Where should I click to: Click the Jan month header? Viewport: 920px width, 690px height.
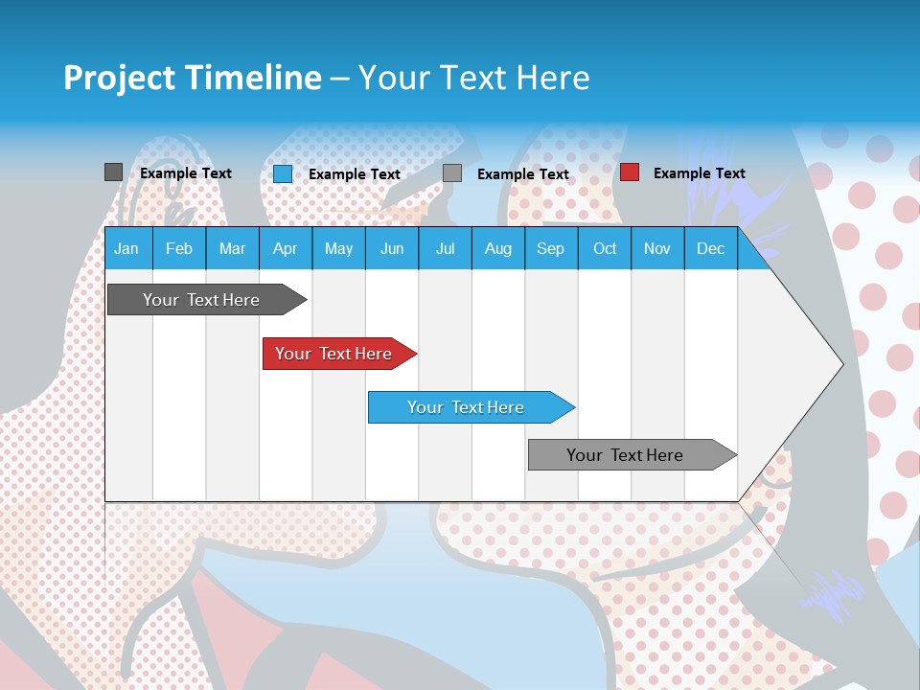tap(126, 248)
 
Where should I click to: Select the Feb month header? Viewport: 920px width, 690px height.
tap(179, 248)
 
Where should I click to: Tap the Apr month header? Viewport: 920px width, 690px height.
tap(285, 248)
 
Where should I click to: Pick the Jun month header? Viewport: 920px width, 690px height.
tap(392, 248)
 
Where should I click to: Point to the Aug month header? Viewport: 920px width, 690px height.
tap(497, 248)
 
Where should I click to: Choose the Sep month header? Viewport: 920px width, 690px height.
tap(550, 248)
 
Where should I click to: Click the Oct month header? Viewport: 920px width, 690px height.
tap(605, 248)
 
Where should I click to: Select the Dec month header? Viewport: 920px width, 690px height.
tap(710, 248)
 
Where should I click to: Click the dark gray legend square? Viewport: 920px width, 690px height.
tap(113, 172)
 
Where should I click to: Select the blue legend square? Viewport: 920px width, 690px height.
tap(283, 173)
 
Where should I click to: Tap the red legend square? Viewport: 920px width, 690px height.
tap(630, 172)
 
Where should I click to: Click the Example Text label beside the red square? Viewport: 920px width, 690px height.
tap(699, 173)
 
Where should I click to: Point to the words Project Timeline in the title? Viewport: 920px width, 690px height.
tap(192, 78)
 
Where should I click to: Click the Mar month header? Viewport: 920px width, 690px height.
tap(232, 248)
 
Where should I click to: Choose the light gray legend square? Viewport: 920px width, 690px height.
tap(452, 173)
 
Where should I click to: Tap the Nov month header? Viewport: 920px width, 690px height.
tap(656, 248)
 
